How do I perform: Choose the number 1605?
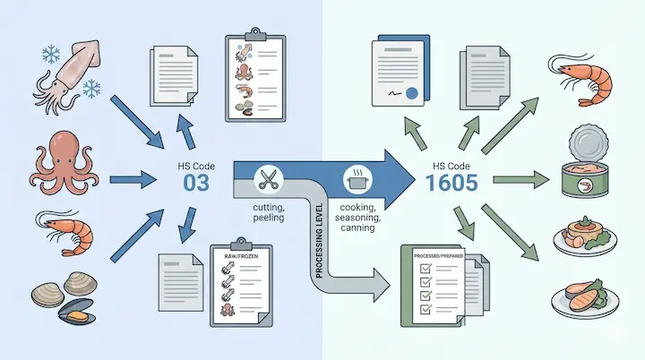(445, 184)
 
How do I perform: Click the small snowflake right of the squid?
(90, 88)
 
